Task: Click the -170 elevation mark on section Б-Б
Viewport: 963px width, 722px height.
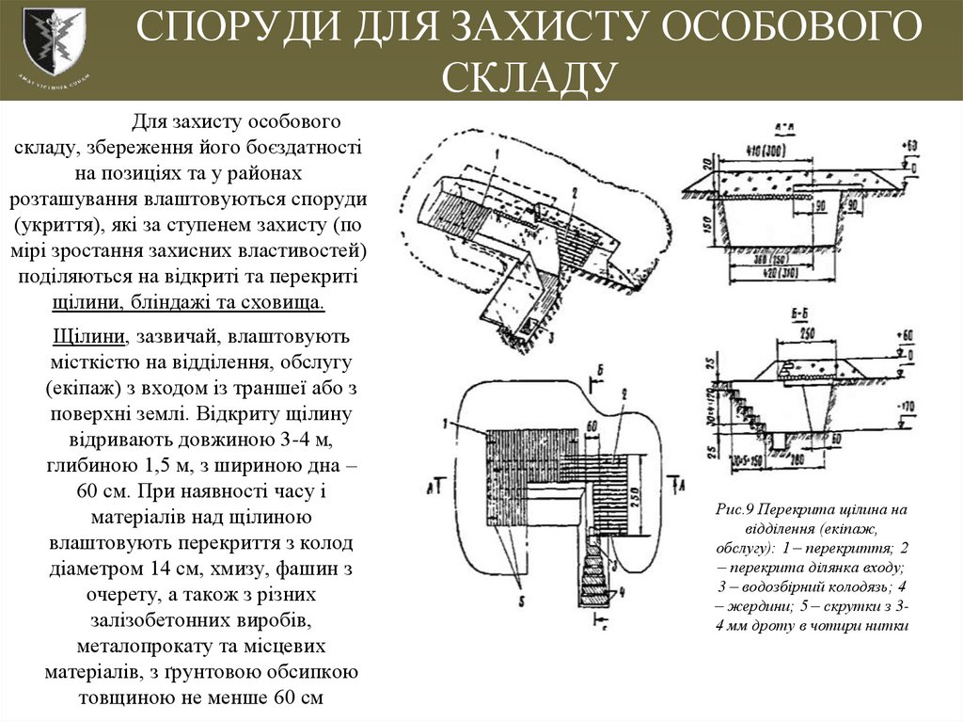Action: (x=906, y=408)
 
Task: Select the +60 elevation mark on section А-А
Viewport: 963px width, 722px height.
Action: (x=908, y=145)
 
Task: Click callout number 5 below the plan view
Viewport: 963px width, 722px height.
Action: (x=521, y=598)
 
